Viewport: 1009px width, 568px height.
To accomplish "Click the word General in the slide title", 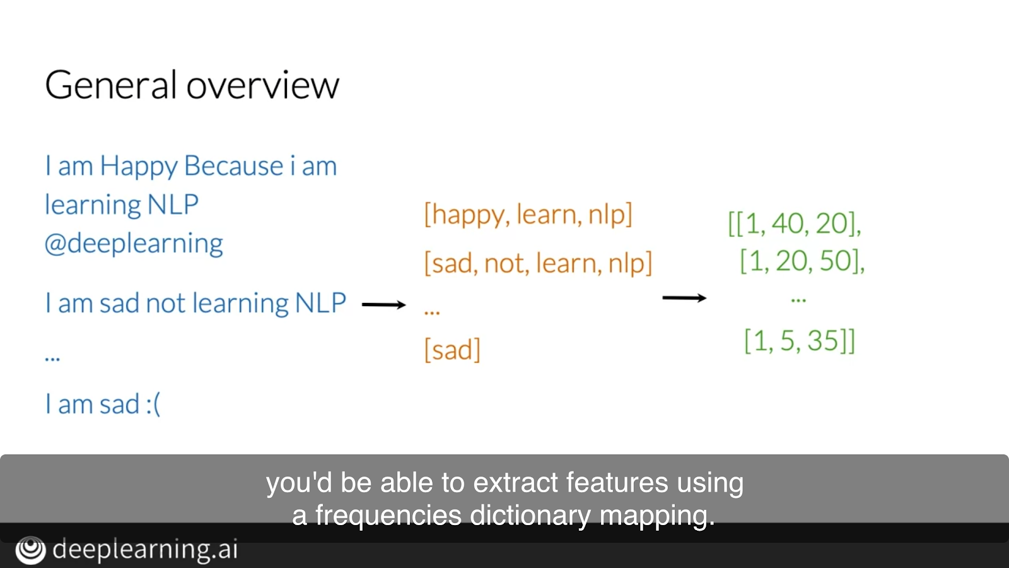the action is pos(110,85).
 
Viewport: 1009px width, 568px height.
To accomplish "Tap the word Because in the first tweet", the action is pos(234,165).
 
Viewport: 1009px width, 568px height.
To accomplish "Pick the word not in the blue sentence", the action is pos(165,303).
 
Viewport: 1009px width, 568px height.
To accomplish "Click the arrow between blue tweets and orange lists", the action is pos(384,305).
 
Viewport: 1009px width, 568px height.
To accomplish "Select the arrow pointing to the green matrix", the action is pos(684,297).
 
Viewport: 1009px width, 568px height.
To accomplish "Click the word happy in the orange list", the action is pos(467,215).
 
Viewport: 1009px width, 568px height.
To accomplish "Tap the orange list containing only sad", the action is pos(452,350).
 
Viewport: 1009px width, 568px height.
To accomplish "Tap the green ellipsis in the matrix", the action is pos(798,299).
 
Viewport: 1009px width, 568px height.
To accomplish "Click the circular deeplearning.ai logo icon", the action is pos(31,550).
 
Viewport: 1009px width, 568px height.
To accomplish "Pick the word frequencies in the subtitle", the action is pos(388,516).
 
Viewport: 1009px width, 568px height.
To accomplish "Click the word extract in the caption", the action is pos(516,483).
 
